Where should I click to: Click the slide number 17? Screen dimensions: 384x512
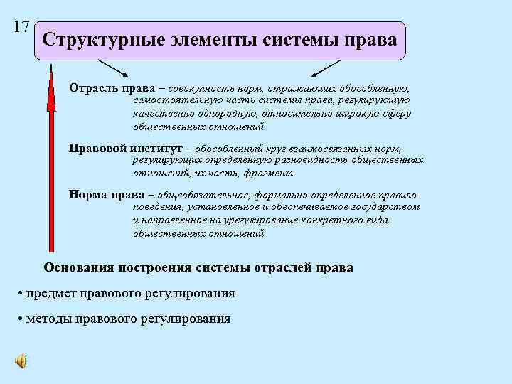(x=21, y=27)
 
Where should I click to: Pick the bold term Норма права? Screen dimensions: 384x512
(x=102, y=195)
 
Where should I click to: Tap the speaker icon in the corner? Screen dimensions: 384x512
(x=22, y=361)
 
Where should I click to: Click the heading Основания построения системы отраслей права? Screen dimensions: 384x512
(x=198, y=267)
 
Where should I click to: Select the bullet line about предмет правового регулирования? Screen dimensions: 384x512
(x=127, y=293)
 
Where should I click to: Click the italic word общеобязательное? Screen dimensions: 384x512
(x=196, y=195)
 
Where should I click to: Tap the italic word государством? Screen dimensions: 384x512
(x=390, y=207)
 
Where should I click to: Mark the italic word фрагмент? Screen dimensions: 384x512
(x=267, y=173)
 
